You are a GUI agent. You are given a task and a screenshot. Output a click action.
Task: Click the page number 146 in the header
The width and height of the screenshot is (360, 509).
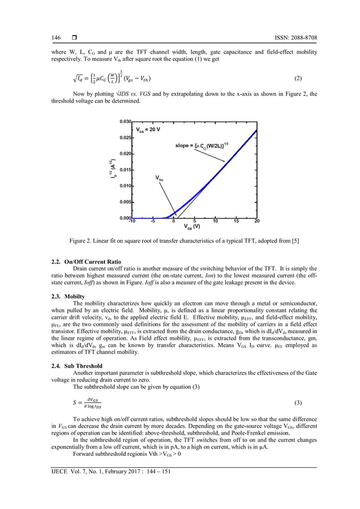coord(56,38)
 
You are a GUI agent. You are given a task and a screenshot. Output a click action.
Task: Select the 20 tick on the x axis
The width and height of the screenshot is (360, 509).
coord(257,222)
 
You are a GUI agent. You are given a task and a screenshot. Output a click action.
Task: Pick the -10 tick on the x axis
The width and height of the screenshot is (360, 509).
coord(131,222)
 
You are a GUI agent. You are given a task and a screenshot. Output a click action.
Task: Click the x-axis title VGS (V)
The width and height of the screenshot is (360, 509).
coord(193,227)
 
